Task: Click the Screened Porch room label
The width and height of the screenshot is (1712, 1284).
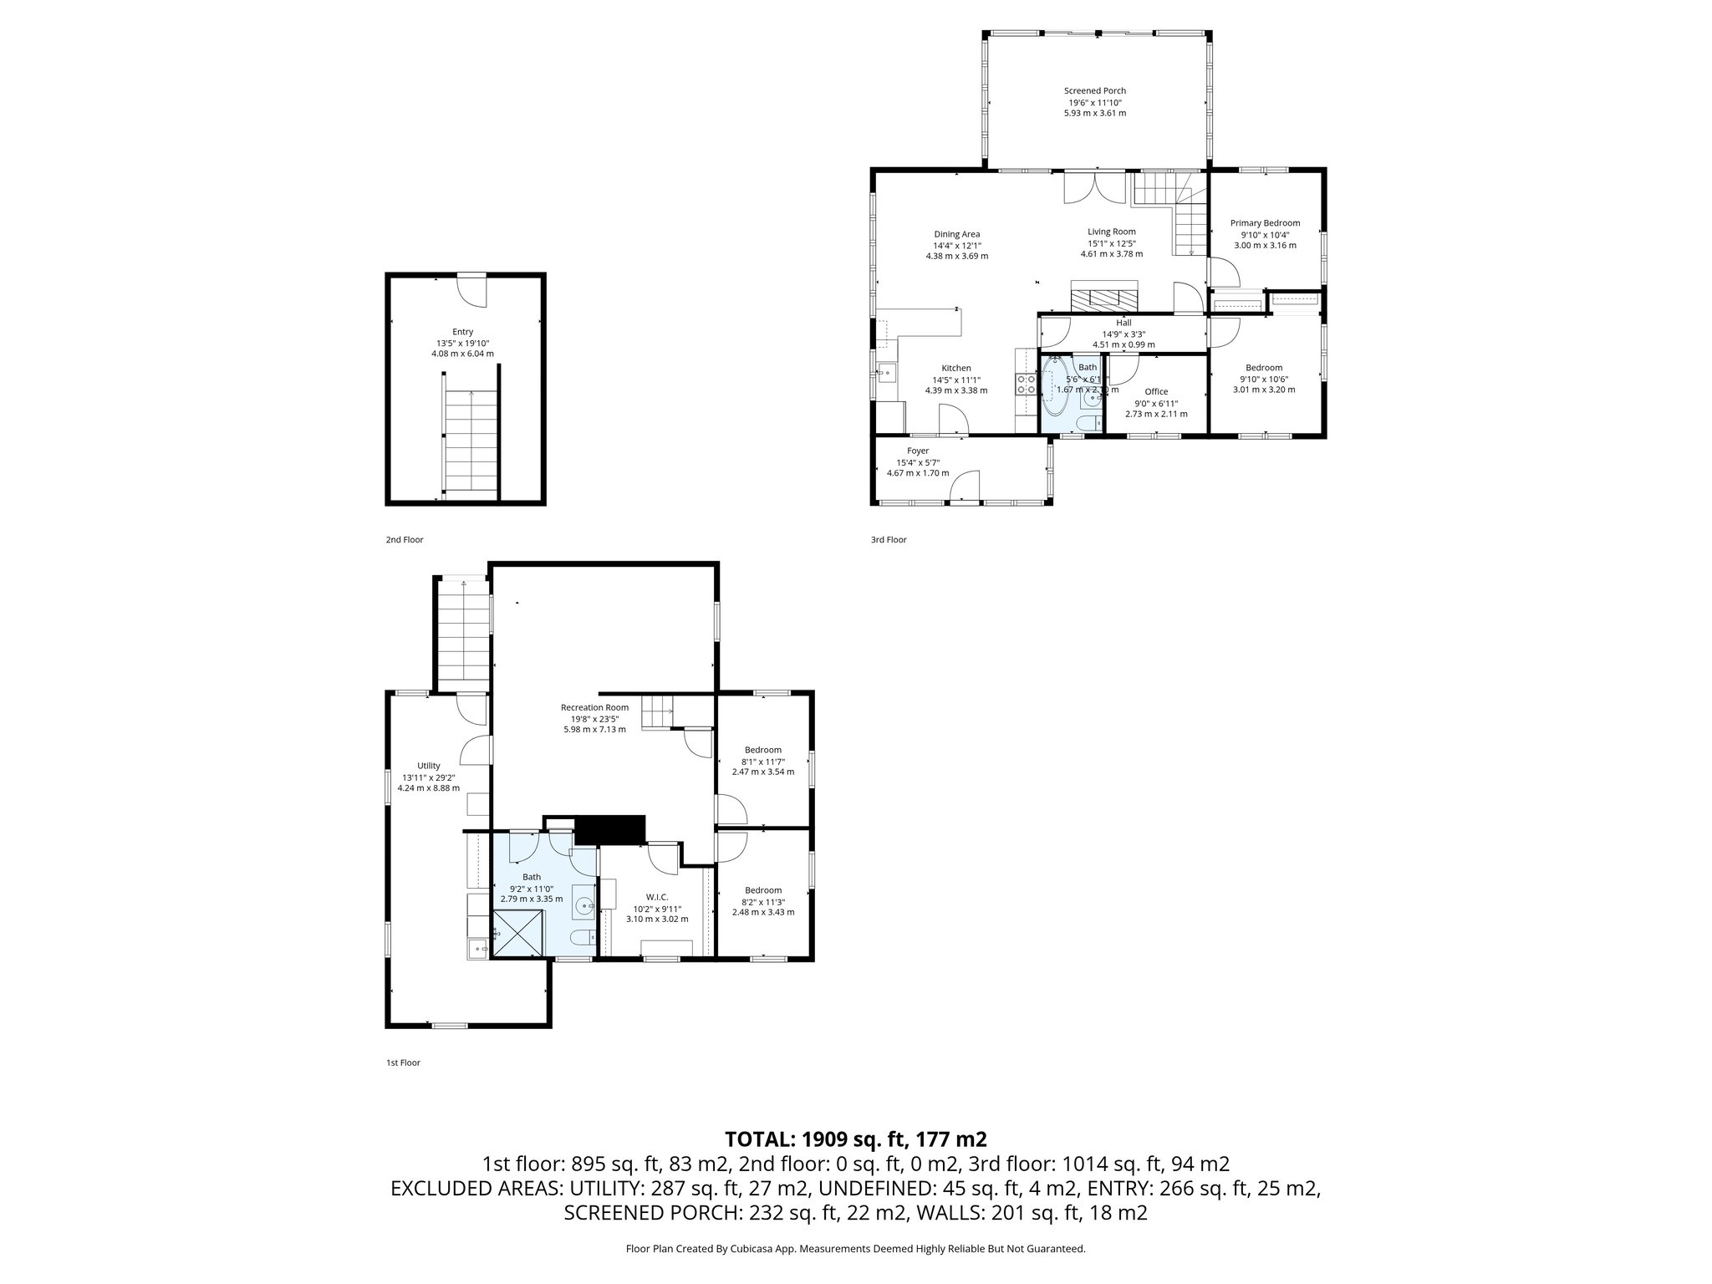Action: tap(1094, 91)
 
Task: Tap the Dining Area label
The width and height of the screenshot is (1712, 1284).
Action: tap(956, 234)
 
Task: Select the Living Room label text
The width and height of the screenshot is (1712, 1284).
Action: tap(1111, 232)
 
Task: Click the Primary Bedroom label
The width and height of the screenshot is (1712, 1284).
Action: tap(1265, 223)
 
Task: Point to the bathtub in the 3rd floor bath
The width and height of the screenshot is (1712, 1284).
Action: tap(1054, 387)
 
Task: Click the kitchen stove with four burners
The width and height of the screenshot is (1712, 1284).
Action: tap(1026, 384)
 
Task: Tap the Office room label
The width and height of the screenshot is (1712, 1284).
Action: tap(1156, 391)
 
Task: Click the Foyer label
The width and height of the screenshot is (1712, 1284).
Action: tap(918, 451)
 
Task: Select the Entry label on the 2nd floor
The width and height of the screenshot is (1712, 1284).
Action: tap(462, 332)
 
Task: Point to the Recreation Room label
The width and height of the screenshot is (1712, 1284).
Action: tap(594, 707)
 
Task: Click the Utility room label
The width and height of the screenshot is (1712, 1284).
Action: tap(428, 766)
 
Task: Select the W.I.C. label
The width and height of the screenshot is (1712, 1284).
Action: tap(657, 897)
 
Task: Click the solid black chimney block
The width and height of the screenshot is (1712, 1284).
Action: tap(611, 829)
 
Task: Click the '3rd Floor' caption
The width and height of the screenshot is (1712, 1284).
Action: tap(888, 540)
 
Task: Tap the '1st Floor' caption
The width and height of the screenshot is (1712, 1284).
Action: tap(403, 1063)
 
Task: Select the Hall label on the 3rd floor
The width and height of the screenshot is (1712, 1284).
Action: tap(1123, 323)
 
